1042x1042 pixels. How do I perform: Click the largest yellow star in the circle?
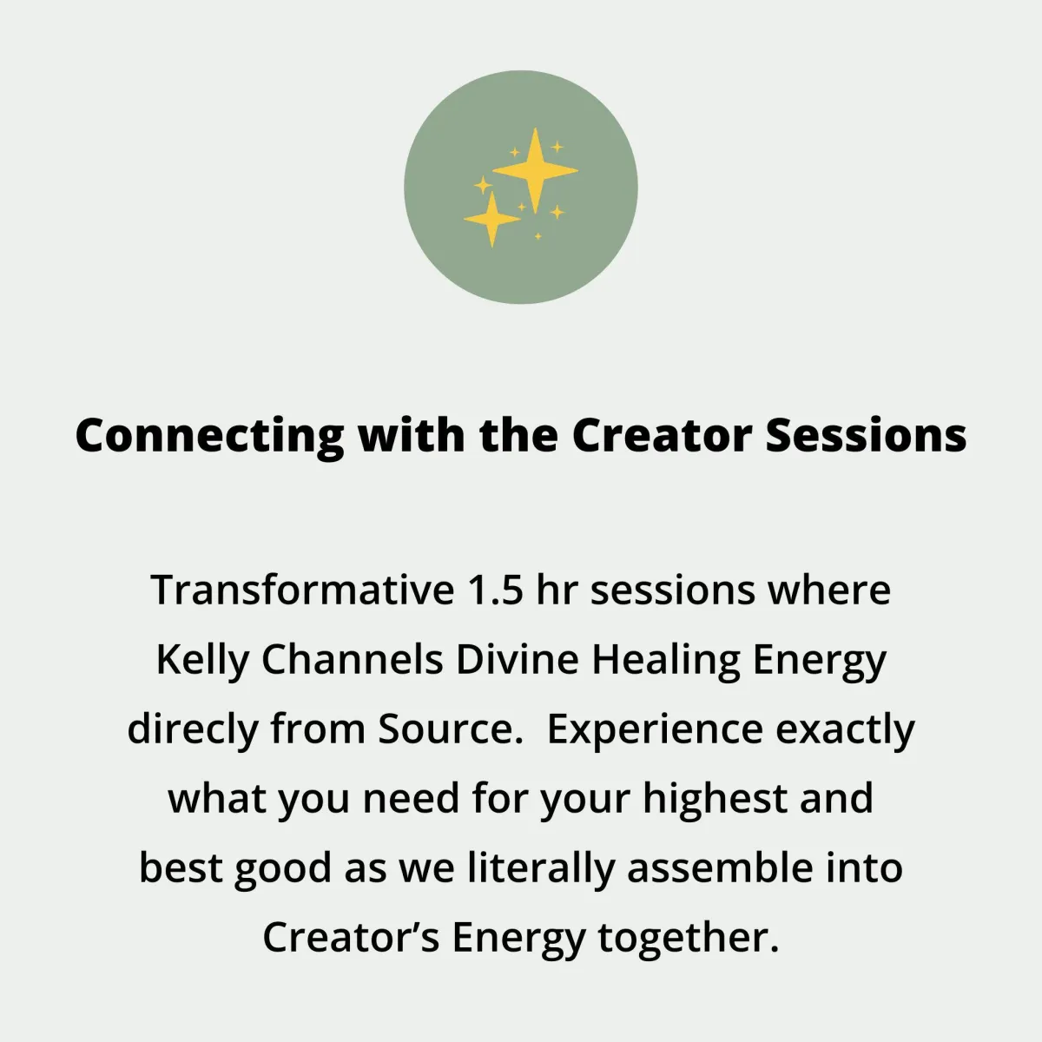(535, 171)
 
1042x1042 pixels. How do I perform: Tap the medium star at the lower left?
(491, 219)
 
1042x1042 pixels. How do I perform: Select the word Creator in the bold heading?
(662, 435)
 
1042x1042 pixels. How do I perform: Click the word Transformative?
(303, 590)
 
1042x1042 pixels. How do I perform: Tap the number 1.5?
(496, 590)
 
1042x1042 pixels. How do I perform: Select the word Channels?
(353, 660)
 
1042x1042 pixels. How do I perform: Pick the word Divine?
(518, 660)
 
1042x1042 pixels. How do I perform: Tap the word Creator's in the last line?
(351, 938)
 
